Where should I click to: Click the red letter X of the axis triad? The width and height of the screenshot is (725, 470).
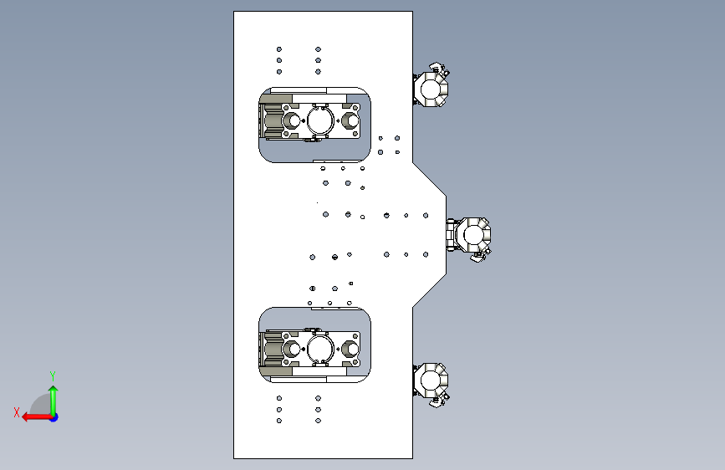[x=17, y=412]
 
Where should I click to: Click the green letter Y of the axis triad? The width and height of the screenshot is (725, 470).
[x=53, y=375]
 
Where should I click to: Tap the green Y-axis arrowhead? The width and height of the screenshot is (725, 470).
[x=54, y=391]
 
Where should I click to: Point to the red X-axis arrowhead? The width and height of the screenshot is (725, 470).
[x=27, y=417]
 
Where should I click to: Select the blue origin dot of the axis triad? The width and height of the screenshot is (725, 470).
[x=54, y=417]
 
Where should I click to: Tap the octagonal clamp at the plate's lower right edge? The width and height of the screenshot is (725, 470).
[x=431, y=383]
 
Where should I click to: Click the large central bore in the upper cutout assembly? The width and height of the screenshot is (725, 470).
[x=320, y=120]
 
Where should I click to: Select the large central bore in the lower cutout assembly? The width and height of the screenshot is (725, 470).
[x=320, y=350]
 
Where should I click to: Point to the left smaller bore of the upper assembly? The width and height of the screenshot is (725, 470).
[x=292, y=120]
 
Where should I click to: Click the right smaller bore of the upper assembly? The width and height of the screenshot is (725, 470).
[x=350, y=120]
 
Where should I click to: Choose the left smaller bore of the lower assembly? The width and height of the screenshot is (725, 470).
[x=292, y=350]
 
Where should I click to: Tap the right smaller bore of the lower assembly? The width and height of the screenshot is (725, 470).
[x=350, y=350]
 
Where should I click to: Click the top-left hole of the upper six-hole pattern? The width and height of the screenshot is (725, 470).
[x=279, y=49]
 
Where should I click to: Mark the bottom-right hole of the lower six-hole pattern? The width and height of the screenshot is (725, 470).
[x=318, y=421]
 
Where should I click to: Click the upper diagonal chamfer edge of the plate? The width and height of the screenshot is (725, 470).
[x=430, y=179]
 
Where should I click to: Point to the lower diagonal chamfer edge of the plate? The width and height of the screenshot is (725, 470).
[x=430, y=290]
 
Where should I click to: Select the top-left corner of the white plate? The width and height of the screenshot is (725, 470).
[x=234, y=12]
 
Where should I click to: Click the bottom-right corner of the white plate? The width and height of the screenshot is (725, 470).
[x=412, y=458]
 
